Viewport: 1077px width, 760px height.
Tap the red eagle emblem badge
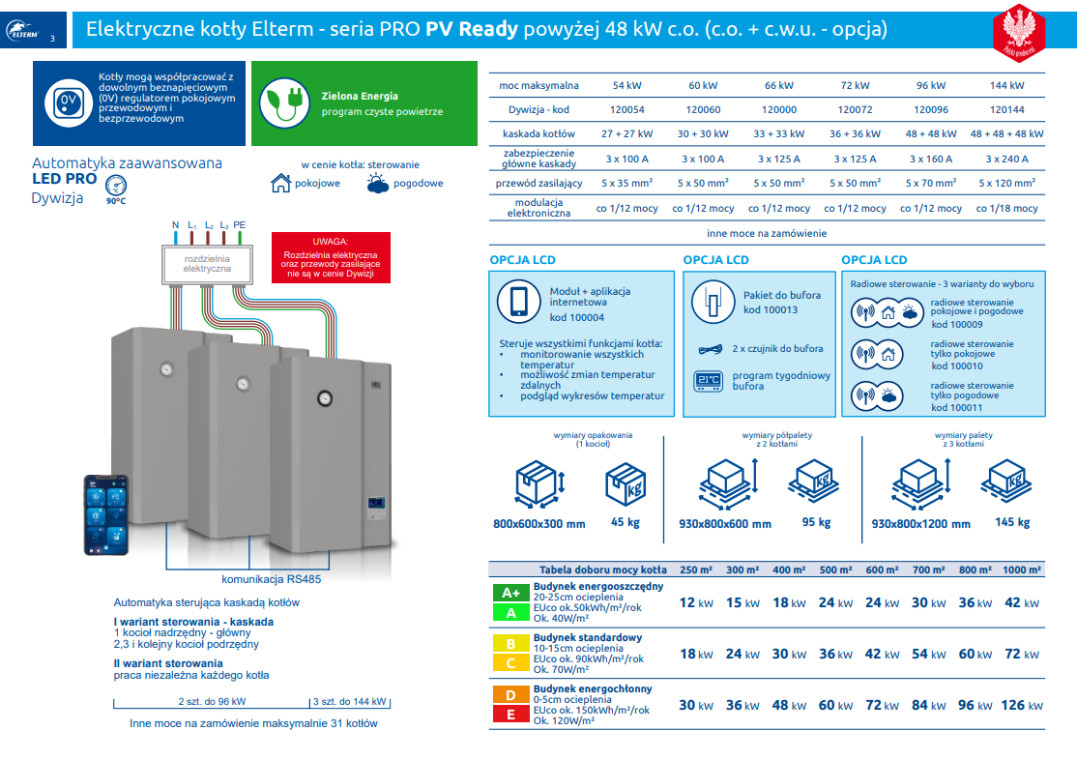tap(1019, 32)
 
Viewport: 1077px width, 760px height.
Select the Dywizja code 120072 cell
tap(855, 110)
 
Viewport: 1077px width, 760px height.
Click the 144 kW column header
tap(1006, 86)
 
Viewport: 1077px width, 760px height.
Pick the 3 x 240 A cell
tap(1006, 159)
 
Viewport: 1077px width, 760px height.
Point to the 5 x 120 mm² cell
tap(1006, 183)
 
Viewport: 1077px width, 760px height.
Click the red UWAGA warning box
tap(331, 258)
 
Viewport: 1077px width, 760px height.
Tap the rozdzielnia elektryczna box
tap(207, 264)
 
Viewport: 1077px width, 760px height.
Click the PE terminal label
tap(239, 225)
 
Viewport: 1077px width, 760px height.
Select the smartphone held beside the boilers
tap(105, 514)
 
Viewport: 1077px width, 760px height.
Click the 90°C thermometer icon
tap(116, 187)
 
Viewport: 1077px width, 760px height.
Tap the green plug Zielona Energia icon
tap(285, 102)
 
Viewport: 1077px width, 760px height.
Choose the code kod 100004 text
tap(577, 317)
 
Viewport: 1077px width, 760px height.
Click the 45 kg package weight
tap(626, 523)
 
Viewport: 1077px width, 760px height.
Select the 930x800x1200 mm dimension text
tap(920, 524)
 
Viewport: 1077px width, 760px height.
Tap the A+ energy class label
tap(510, 593)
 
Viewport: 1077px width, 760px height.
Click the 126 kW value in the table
tap(1019, 705)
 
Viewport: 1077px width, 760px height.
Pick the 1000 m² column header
tap(1021, 570)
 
